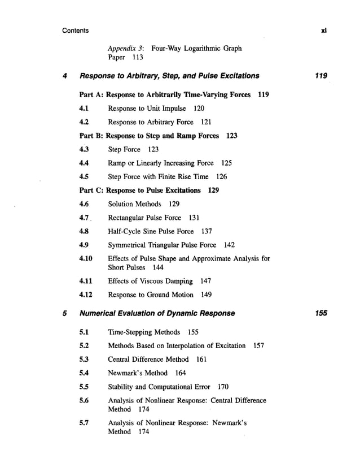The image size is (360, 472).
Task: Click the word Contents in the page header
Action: tap(75, 30)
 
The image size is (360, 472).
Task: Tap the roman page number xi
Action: tap(323, 30)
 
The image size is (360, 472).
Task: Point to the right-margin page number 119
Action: tap(321, 75)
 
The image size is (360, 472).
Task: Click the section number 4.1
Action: tap(85, 107)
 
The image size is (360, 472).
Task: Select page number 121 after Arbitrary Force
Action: tap(205, 122)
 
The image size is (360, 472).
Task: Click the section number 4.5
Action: tap(85, 176)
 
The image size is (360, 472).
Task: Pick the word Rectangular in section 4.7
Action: tap(128, 218)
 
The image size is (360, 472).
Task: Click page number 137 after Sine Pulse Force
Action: tap(207, 231)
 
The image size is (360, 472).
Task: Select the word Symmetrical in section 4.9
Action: tap(128, 245)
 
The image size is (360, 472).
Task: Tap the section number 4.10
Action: tap(86, 259)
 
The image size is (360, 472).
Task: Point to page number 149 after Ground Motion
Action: tap(207, 295)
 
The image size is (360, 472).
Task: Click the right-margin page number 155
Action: tap(321, 313)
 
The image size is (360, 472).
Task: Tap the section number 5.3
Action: tap(85, 359)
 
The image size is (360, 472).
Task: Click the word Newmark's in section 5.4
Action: tap(125, 373)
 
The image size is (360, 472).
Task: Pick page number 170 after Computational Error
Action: tap(223, 387)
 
